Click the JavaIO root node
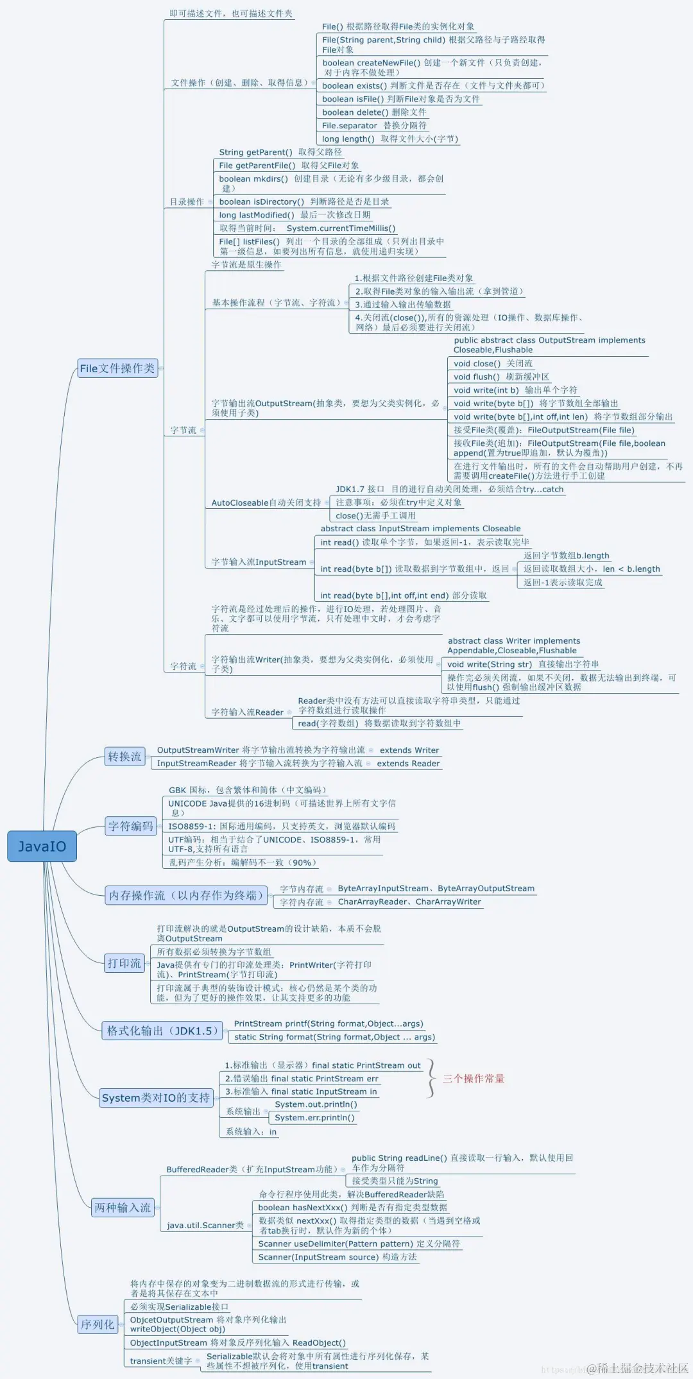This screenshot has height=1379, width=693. tap(42, 846)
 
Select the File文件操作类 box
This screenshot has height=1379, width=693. tap(117, 368)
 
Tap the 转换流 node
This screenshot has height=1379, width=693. tap(124, 757)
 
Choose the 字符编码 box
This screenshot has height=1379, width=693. tap(131, 826)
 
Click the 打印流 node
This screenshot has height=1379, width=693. tap(124, 963)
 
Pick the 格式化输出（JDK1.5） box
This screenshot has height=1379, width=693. tap(162, 1031)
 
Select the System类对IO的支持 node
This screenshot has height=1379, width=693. tap(156, 1098)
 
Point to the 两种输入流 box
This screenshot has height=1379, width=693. tap(123, 1208)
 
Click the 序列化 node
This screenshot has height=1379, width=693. tap(98, 1324)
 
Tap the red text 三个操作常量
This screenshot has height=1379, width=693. tap(474, 1079)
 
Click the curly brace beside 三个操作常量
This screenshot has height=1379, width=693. tap(431, 1078)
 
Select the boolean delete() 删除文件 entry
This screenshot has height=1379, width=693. tap(373, 112)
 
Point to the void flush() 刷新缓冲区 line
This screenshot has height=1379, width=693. tap(501, 377)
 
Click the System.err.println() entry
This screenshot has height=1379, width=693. tap(314, 1117)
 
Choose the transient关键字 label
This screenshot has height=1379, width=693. tap(160, 1360)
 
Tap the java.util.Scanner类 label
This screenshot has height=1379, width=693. tap(205, 1225)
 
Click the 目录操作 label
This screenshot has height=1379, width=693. tap(187, 201)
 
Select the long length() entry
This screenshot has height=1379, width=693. tap(389, 139)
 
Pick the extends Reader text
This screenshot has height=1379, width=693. tap(408, 764)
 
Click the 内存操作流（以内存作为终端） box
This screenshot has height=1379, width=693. tap(186, 895)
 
